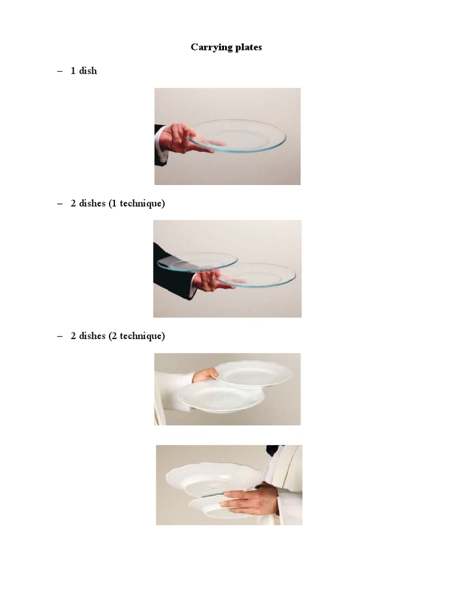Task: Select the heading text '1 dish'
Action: click(84, 71)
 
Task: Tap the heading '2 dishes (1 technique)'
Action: click(118, 203)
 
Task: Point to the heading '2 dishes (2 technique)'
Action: click(118, 336)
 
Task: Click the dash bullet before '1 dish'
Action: click(60, 71)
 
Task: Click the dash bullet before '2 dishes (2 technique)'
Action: click(60, 336)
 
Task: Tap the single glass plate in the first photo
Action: click(237, 136)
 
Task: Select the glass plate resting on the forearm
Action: click(197, 261)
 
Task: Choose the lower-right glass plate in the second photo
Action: click(256, 275)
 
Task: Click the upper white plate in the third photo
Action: click(252, 375)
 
